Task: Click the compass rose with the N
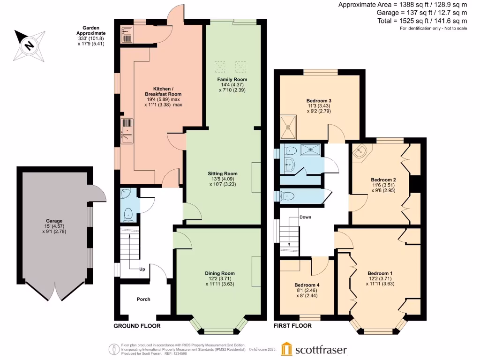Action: [x=30, y=45]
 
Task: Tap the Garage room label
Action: [x=54, y=221]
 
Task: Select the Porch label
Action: [x=143, y=299]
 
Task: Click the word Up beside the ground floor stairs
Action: [x=142, y=269]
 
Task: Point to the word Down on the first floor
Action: [x=305, y=217]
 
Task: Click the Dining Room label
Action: [x=220, y=273]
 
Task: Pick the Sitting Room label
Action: [x=223, y=173]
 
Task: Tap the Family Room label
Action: [x=232, y=79]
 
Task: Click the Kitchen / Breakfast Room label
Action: [x=163, y=91]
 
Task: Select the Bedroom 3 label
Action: [x=319, y=101]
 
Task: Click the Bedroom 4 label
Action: [x=307, y=285]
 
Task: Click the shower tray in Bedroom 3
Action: [x=288, y=127]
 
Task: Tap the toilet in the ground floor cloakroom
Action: [x=128, y=215]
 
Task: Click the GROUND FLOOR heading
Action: [x=137, y=326]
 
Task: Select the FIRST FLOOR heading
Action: [x=292, y=326]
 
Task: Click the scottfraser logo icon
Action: [x=287, y=349]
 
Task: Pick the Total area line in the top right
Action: [x=422, y=21]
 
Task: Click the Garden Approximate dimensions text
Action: [x=91, y=36]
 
